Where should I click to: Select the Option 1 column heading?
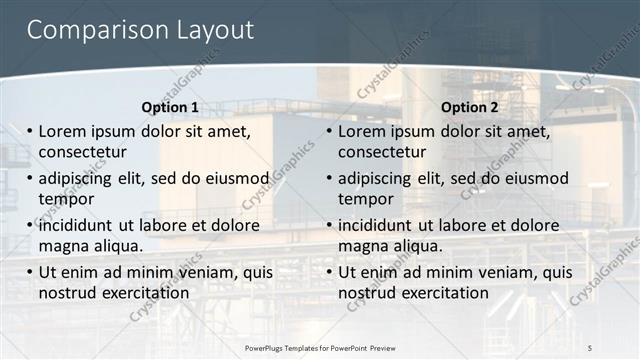click(x=170, y=107)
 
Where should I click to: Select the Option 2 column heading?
click(x=470, y=107)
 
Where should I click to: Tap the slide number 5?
click(x=589, y=346)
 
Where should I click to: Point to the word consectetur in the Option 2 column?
click(x=382, y=152)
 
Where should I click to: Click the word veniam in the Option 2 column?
click(x=503, y=272)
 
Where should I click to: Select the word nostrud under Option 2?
click(x=367, y=293)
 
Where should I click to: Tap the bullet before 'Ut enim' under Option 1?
click(x=29, y=272)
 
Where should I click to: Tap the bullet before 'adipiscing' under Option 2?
click(x=329, y=179)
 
